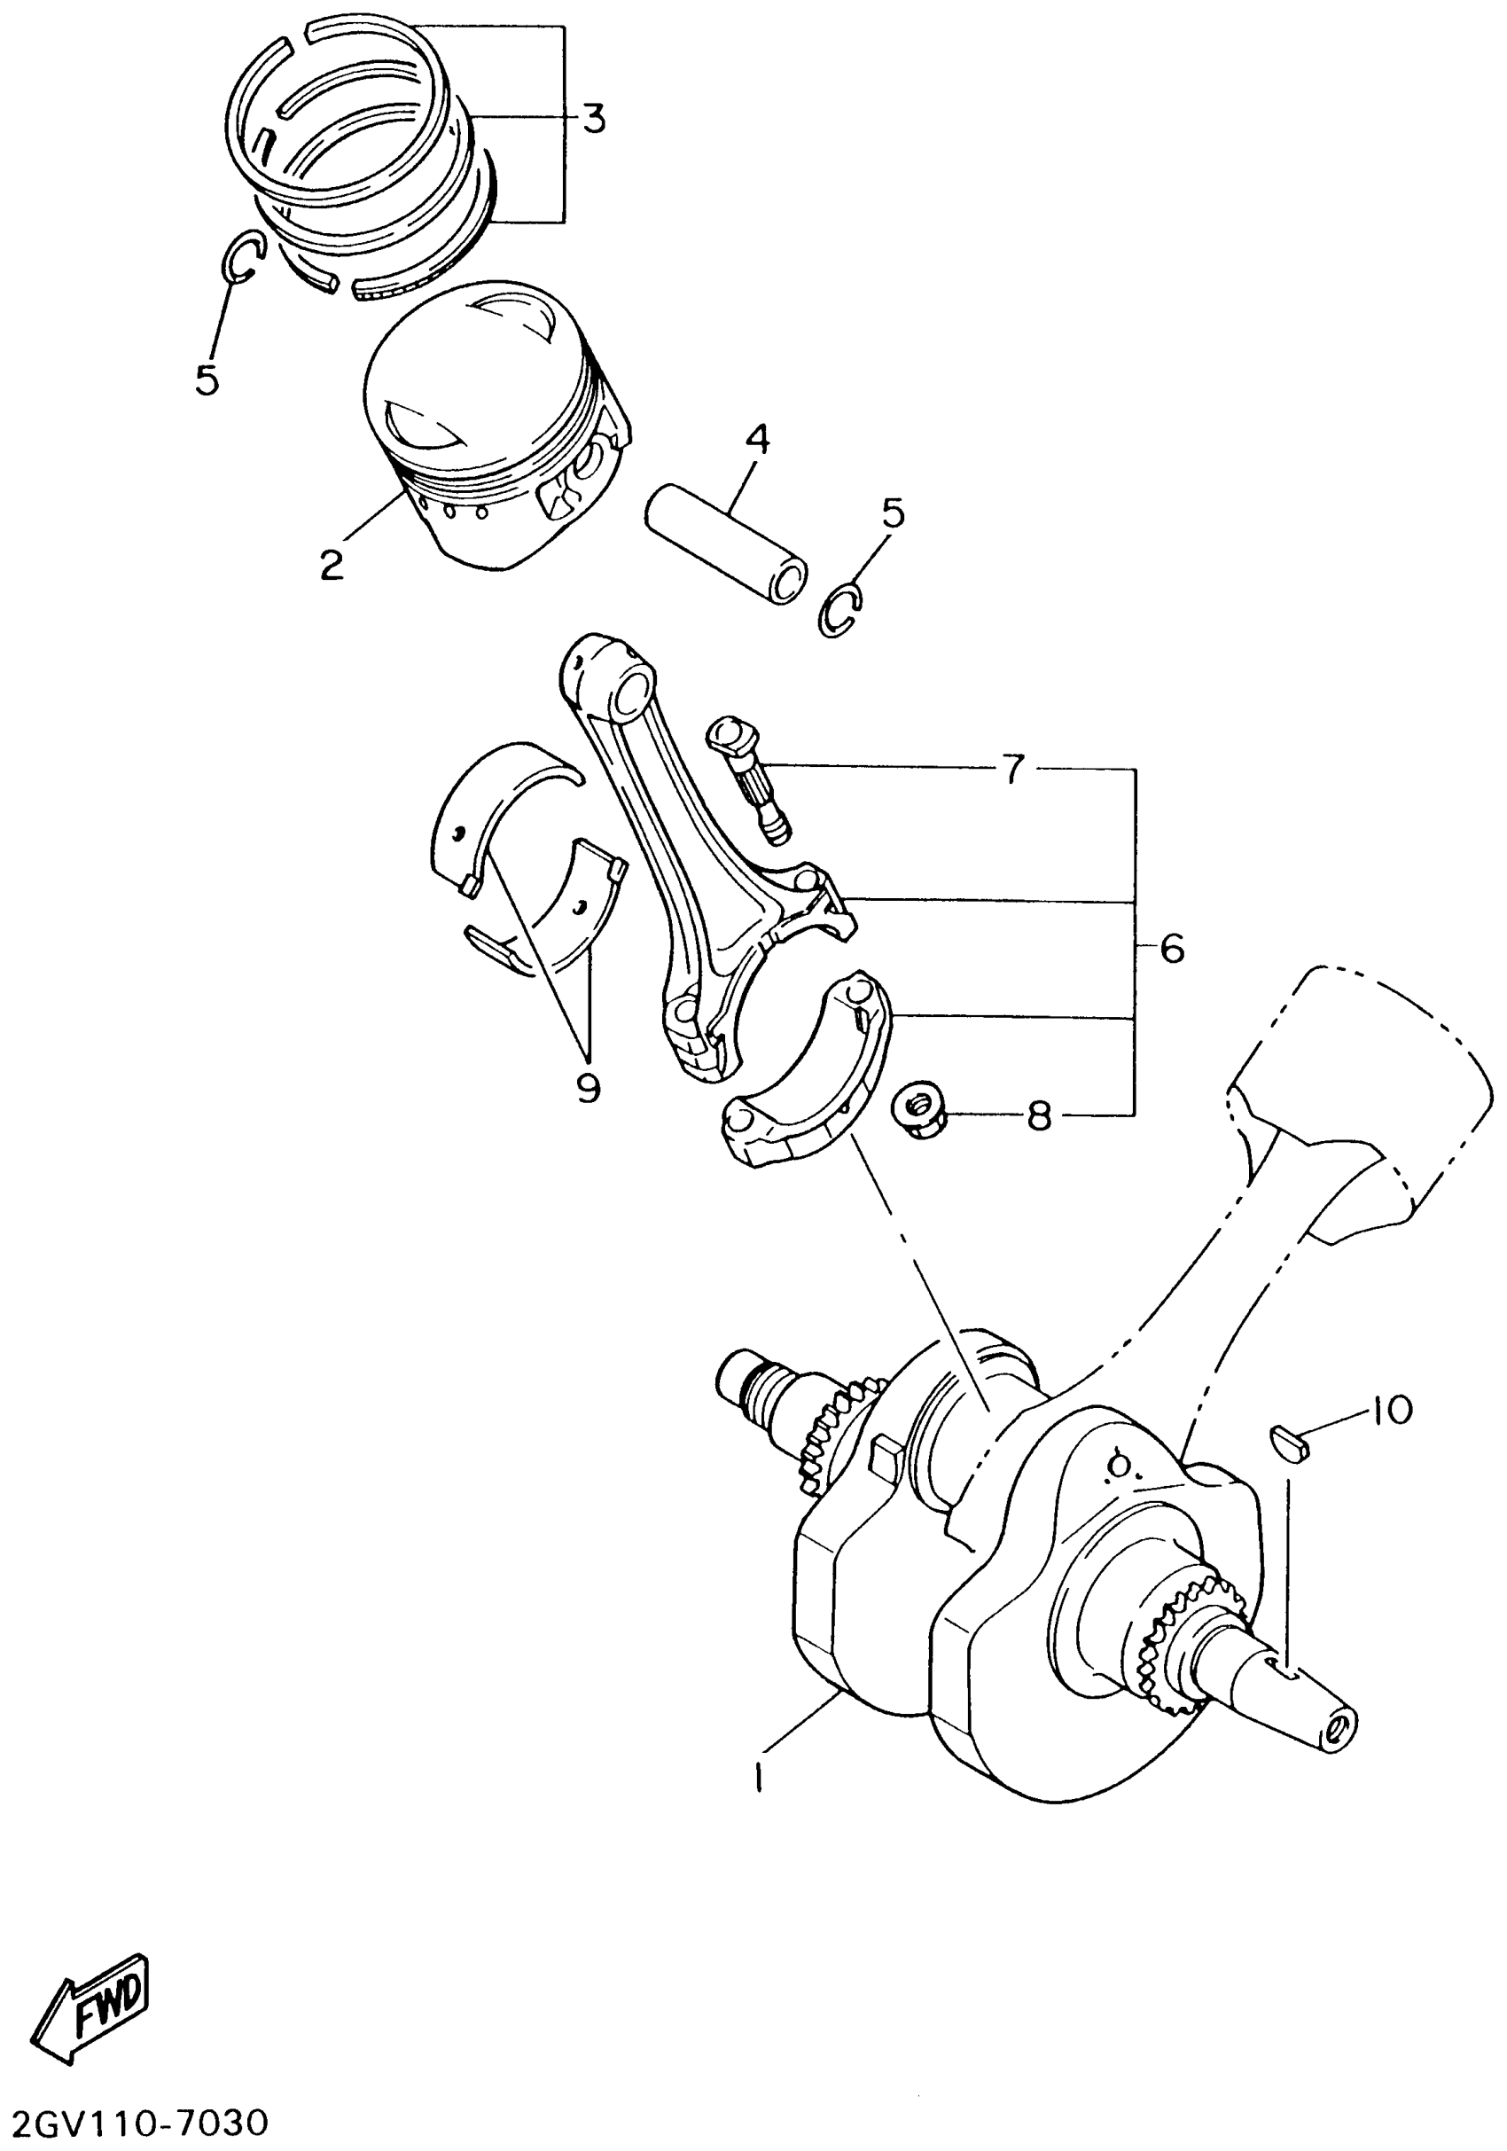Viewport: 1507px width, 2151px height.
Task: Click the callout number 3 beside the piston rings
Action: pos(592,119)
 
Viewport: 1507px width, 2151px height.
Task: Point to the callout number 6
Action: pos(1172,949)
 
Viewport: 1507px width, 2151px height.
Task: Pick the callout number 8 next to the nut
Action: pos(1039,1115)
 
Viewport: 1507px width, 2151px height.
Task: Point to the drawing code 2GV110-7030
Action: pos(136,2123)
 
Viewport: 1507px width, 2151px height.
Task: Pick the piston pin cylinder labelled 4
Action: pos(726,544)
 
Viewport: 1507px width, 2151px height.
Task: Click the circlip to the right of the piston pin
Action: pos(840,612)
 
